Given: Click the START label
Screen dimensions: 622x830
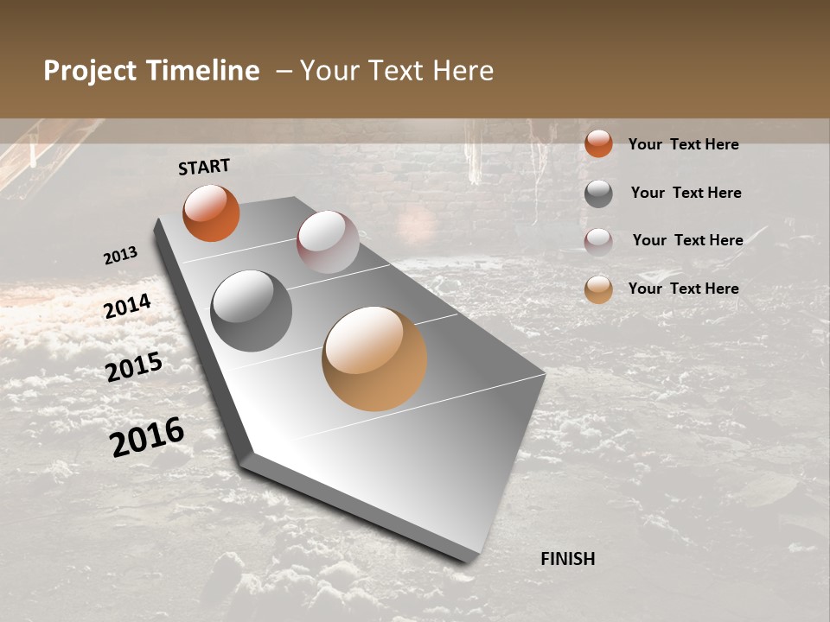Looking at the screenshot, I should point(204,167).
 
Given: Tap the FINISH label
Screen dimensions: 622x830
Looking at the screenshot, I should point(568,559).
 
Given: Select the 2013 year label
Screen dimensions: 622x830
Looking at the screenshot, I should point(120,256).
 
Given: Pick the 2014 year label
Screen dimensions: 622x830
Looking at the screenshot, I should point(127,307).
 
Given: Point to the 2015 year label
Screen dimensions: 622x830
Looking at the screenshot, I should point(134,366).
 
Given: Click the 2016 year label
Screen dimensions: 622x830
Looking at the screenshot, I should point(147,436).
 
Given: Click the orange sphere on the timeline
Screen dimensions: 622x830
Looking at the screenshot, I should point(211,213).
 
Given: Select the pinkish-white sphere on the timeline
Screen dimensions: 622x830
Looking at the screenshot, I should point(328,242).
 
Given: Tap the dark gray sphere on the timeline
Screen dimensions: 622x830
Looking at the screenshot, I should point(252,311).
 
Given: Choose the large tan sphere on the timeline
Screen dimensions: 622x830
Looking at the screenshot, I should point(374,359).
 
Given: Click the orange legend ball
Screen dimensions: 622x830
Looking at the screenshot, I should point(598,143).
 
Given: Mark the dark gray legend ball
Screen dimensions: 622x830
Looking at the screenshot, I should point(598,194).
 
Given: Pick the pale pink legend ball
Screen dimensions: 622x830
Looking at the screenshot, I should point(598,242).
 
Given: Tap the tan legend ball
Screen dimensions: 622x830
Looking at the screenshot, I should point(598,290).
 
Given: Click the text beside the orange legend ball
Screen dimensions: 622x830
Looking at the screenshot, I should point(683,144).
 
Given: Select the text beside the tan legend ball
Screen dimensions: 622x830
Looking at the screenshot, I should point(683,289).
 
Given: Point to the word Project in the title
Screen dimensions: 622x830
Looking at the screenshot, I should point(90,71).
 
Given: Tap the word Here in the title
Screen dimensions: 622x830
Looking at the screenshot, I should point(463,71).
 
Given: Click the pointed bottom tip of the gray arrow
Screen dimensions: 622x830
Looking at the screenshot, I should point(469,560).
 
